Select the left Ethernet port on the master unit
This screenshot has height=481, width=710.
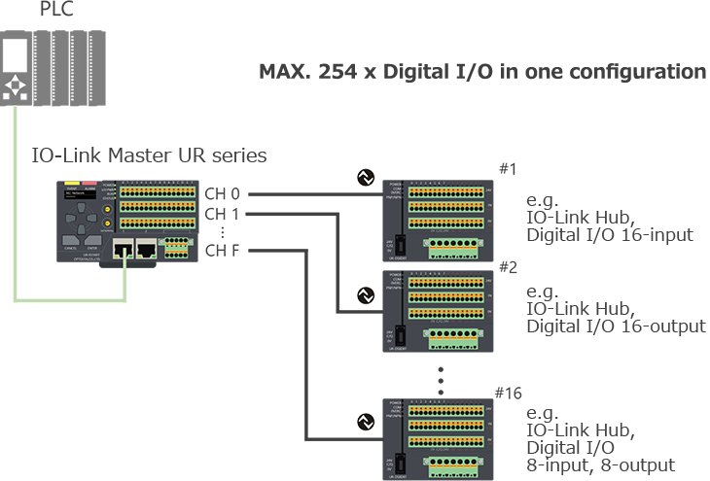coord(124,249)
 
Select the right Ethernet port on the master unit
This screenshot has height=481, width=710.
coord(147,249)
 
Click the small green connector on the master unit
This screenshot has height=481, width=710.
coord(175,249)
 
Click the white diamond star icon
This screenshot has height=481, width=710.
coord(17,85)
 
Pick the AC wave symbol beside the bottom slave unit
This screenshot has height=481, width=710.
coord(367,422)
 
